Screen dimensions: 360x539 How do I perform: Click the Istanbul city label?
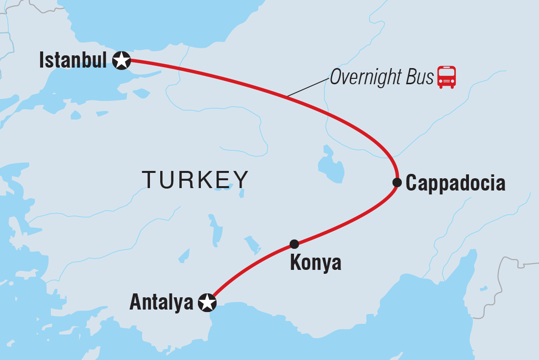pos(73,61)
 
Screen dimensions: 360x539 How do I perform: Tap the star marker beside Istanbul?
pos(121,61)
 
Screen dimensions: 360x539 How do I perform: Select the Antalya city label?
pos(161,303)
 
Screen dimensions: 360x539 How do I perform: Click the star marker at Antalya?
pos(207,303)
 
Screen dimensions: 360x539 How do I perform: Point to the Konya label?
pos(316,264)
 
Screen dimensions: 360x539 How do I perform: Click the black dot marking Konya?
pos(294,244)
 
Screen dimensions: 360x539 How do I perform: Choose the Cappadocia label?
pos(455,183)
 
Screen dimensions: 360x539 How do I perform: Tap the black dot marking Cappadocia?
pos(397,183)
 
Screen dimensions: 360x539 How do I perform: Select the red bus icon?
pos(446,77)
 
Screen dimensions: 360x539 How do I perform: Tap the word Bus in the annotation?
pos(420,77)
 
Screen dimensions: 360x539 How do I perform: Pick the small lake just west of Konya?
pos(252,243)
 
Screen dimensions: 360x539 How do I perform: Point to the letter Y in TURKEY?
pos(240,180)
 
